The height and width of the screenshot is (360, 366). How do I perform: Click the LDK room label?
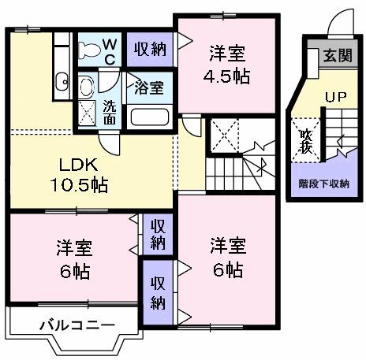76,165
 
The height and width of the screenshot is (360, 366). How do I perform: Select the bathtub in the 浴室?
149,117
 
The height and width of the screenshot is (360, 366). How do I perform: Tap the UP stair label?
336,98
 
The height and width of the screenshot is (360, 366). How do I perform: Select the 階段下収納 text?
324,184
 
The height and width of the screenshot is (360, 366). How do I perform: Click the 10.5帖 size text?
76,187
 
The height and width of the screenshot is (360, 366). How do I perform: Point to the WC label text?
110,50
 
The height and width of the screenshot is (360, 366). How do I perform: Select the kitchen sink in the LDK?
62,79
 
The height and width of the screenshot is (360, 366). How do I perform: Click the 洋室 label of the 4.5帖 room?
227,54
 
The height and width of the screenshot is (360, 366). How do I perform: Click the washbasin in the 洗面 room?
87,84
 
